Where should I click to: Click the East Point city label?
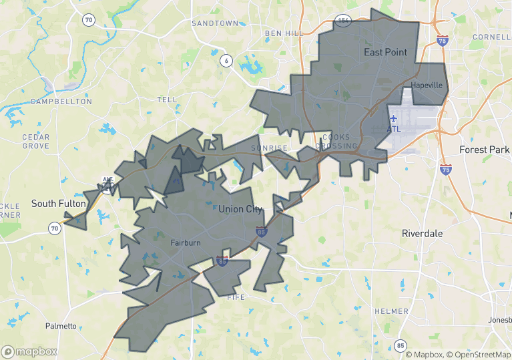[x=385, y=52]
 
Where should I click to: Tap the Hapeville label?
[x=427, y=85]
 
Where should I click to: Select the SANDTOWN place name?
[x=214, y=23]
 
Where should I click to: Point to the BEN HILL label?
[x=284, y=33]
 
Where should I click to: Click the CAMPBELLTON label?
[x=61, y=102]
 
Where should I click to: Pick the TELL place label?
[x=167, y=100]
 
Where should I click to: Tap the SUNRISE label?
[x=269, y=148]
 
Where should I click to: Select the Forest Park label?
[x=484, y=150]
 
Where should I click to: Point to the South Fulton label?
[x=58, y=203]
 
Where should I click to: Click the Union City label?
[x=240, y=209]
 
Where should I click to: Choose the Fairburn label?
[x=185, y=243]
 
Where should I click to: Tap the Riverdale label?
[x=422, y=234]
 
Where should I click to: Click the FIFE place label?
[x=236, y=297]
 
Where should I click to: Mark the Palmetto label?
[x=61, y=326]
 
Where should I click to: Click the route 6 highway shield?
[x=226, y=61]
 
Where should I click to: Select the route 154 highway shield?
[x=344, y=21]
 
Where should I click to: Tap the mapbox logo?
[x=29, y=351]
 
